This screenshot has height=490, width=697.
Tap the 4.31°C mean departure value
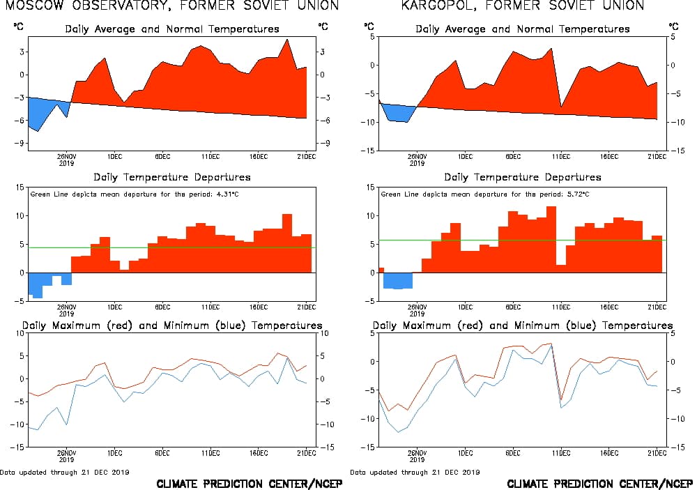(x=217, y=193)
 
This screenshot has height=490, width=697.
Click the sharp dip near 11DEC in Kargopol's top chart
(x=561, y=105)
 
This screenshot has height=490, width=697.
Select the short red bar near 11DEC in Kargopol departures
(x=561, y=268)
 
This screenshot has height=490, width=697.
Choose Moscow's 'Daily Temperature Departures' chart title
(x=172, y=177)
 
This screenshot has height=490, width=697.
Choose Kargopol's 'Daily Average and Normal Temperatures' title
(x=523, y=29)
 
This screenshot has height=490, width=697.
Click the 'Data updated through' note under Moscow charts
(x=65, y=472)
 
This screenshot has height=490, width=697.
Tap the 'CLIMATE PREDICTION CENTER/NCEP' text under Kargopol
(x=599, y=484)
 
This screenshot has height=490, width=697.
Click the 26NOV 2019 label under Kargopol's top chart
(x=417, y=160)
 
